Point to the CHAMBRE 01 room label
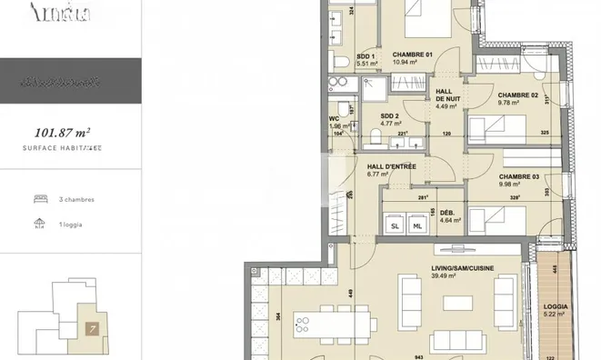coord(412,54)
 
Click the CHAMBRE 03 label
coord(520,175)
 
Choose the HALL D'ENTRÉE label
coord(392,167)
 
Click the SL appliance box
coord(396,225)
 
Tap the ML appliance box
coord(417,225)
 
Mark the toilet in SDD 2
coord(376,136)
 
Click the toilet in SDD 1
coord(339,61)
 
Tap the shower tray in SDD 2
coord(374,87)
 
